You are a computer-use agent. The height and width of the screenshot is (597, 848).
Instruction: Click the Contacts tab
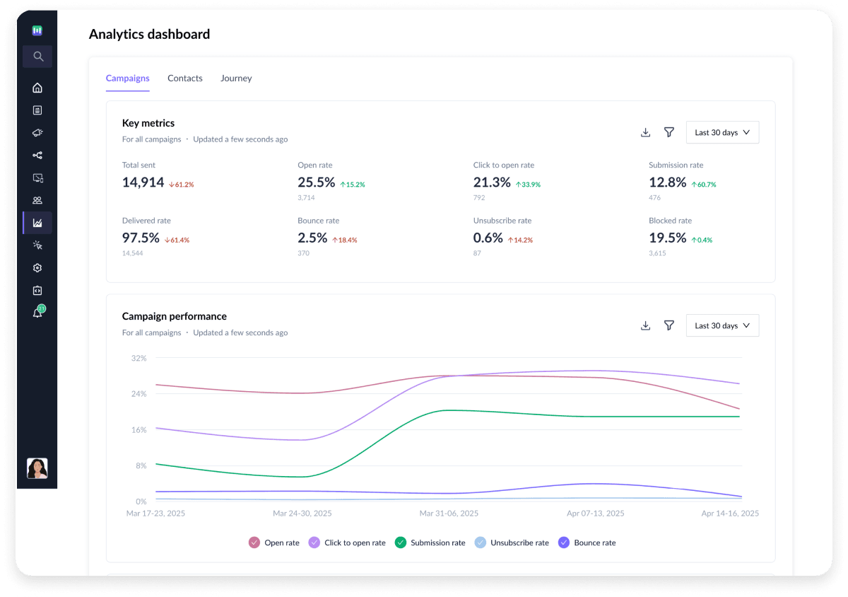[184, 79]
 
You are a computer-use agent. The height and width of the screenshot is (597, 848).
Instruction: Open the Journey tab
[236, 79]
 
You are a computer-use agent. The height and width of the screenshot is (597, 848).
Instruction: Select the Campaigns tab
[127, 79]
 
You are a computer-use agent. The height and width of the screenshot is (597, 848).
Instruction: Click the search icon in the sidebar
[37, 57]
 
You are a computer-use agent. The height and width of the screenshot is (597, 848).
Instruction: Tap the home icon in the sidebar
[37, 88]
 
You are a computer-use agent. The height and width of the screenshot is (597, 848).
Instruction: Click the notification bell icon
[37, 313]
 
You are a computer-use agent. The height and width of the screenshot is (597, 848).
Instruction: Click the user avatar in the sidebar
[37, 468]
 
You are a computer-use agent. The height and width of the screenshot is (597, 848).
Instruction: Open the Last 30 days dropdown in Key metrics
[722, 132]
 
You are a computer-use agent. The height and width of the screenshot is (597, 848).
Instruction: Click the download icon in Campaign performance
[645, 325]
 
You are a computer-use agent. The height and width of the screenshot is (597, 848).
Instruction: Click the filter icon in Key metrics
[669, 132]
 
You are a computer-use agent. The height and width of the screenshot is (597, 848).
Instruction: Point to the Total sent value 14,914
[143, 182]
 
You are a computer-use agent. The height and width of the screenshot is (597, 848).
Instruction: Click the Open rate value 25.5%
[316, 182]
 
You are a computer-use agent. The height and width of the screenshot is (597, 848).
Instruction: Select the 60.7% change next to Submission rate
[703, 185]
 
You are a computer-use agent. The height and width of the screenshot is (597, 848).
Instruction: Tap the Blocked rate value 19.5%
[667, 238]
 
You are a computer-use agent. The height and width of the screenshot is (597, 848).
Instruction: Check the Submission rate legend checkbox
[400, 543]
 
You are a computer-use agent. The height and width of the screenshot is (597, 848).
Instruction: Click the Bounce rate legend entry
[587, 543]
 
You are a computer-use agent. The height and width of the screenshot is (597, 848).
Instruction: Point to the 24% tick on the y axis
[139, 394]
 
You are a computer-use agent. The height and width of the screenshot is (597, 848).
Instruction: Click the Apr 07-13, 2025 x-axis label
[595, 514]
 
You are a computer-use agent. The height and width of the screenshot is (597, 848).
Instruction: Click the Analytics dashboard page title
[149, 34]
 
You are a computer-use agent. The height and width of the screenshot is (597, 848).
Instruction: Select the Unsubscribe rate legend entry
[512, 543]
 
